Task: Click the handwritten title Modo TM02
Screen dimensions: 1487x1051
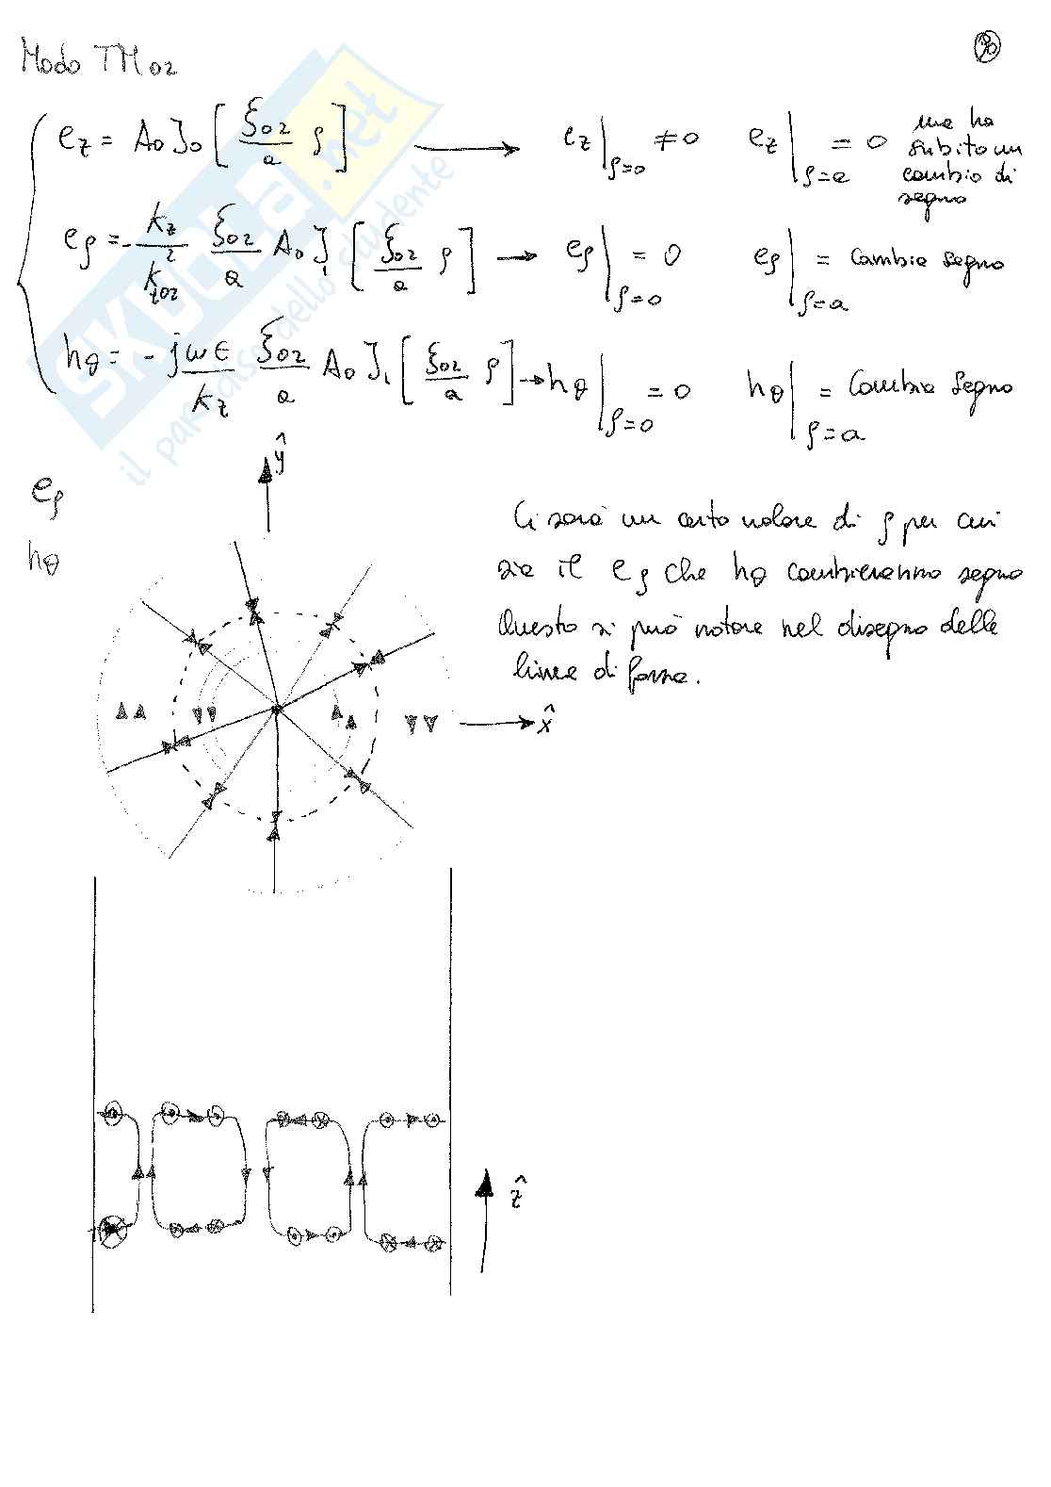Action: pos(99,64)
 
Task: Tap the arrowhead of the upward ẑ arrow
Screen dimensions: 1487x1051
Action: pos(485,1181)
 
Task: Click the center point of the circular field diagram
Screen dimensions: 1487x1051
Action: pos(276,709)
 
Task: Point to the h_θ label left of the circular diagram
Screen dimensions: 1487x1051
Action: pos(42,562)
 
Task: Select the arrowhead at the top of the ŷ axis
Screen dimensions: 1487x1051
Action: pos(267,474)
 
